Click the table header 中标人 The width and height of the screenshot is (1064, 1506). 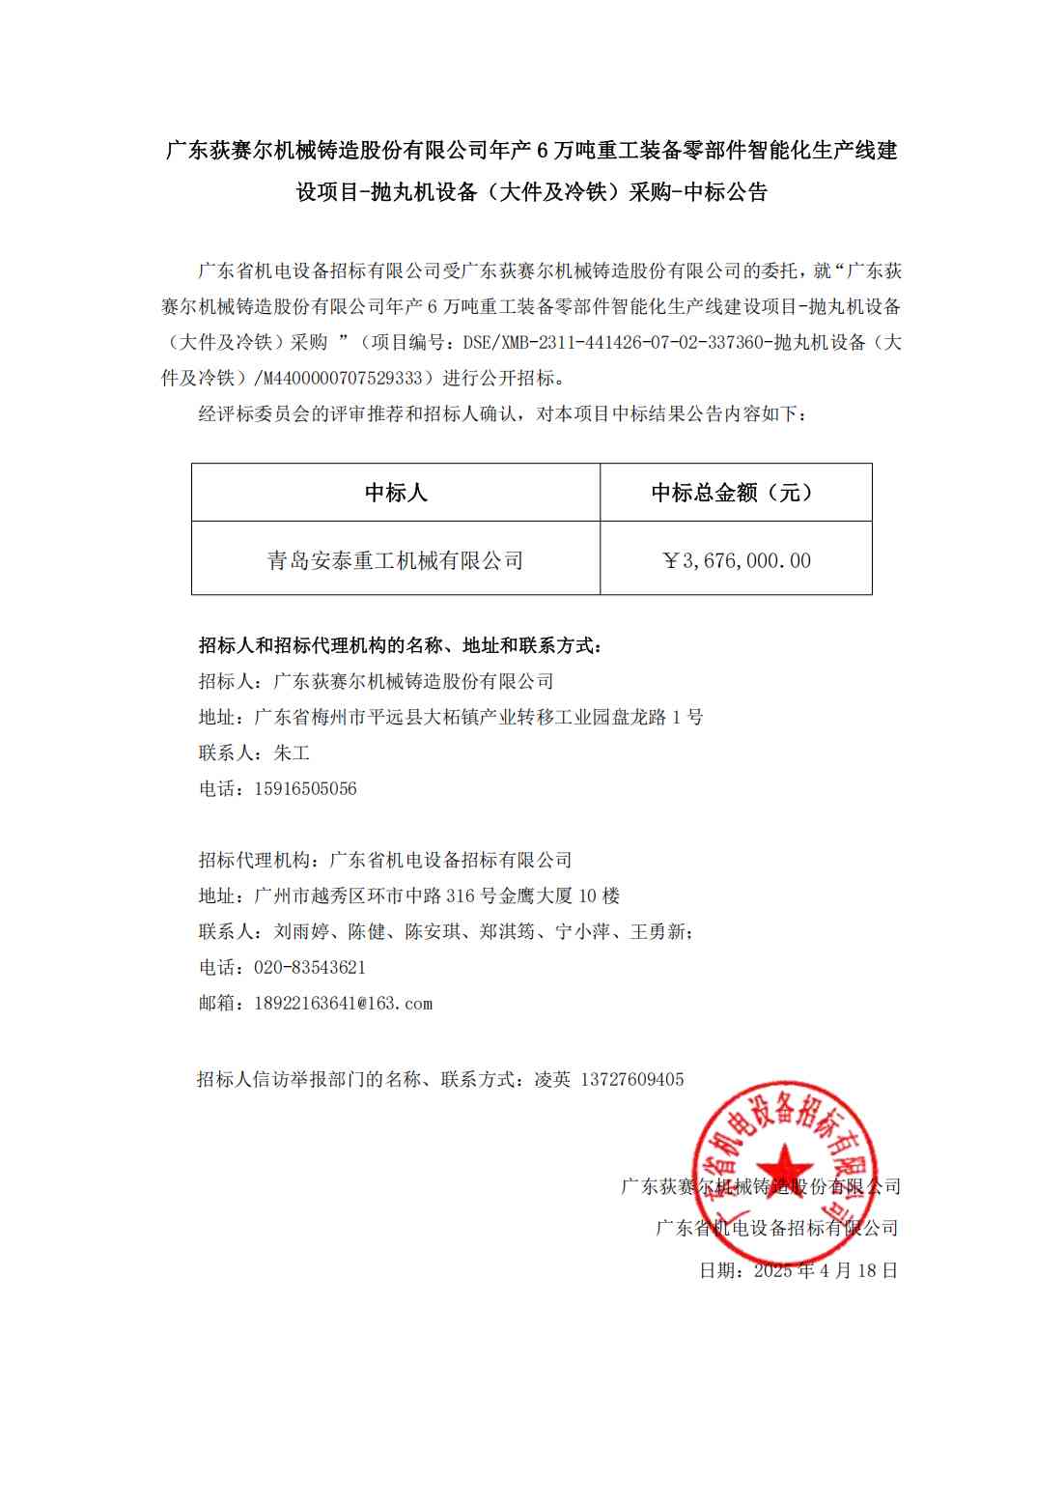click(x=396, y=493)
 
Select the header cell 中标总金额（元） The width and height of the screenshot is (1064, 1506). click(x=735, y=493)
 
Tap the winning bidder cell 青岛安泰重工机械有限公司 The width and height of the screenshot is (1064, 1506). click(x=396, y=560)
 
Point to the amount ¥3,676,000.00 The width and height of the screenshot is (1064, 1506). click(x=737, y=560)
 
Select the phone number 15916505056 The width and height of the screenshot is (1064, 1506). click(x=305, y=789)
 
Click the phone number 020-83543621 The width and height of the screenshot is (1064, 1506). click(x=310, y=968)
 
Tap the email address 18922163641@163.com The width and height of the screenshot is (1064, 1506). click(x=343, y=1004)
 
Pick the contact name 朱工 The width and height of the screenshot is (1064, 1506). click(x=292, y=753)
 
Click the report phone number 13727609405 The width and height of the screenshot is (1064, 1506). click(x=632, y=1080)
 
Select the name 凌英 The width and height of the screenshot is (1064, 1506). click(x=552, y=1080)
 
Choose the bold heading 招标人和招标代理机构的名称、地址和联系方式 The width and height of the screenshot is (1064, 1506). click(x=400, y=646)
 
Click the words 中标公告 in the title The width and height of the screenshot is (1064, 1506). click(x=725, y=192)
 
